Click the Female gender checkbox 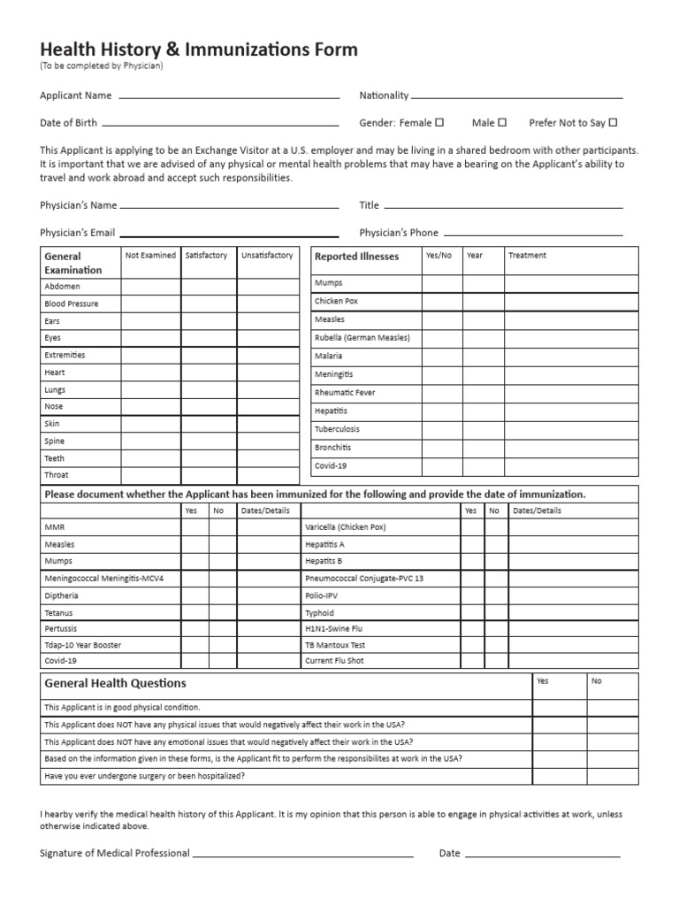click(439, 123)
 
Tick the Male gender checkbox click(502, 123)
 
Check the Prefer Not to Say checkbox click(613, 123)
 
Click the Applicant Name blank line click(228, 96)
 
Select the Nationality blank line click(516, 96)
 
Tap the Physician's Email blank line click(229, 234)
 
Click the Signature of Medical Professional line click(302, 855)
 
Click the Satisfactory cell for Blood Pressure click(209, 303)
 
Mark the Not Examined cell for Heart click(151, 372)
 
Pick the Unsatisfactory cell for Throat click(268, 475)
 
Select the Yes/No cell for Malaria click(442, 356)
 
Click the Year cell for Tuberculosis click(484, 429)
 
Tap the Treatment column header click(527, 256)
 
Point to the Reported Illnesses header click(356, 257)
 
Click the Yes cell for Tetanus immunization click(195, 612)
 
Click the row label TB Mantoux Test click(334, 645)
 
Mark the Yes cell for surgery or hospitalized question click(558, 776)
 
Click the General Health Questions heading click(115, 683)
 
